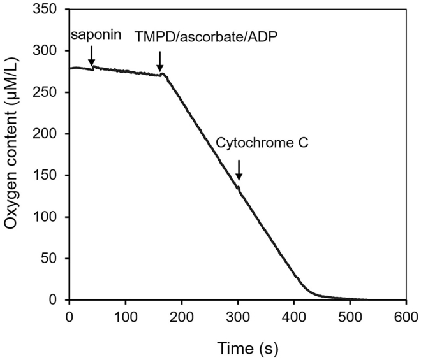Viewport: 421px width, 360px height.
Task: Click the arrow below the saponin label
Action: [93, 55]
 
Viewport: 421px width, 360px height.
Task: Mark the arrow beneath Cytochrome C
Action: [239, 170]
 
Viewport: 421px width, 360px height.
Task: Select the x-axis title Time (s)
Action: [237, 348]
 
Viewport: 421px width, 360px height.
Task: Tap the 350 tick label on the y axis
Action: [50, 10]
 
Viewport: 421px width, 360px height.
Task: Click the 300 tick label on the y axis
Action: [50, 51]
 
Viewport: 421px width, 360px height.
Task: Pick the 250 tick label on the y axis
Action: [50, 92]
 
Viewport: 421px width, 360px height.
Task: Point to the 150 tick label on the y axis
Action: [50, 176]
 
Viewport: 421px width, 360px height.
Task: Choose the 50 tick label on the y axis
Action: [54, 259]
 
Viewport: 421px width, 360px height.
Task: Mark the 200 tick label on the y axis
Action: [50, 134]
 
